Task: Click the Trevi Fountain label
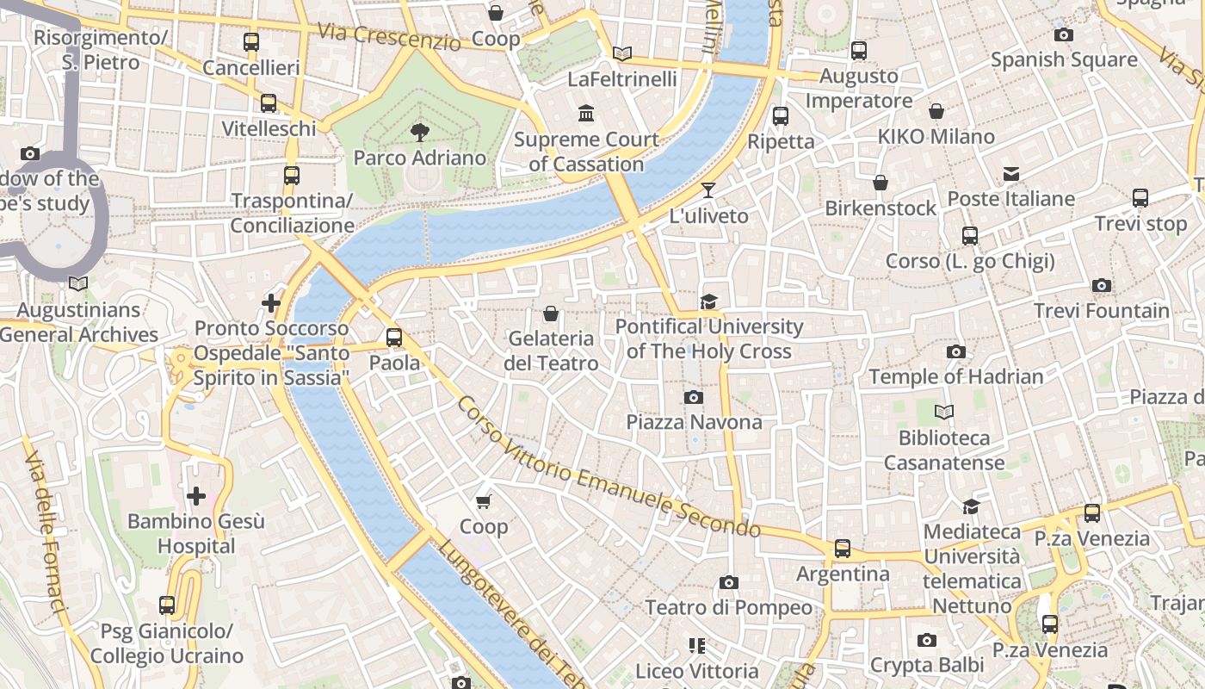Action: [1101, 311]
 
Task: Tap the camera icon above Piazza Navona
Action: [693, 397]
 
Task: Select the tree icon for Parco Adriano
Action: [420, 132]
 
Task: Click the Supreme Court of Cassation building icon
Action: [587, 114]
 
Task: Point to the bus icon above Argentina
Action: [843, 549]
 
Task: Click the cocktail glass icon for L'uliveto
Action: [708, 190]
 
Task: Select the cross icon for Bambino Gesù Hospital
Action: [196, 496]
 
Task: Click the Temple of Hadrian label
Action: [955, 377]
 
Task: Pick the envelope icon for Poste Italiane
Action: [1011, 174]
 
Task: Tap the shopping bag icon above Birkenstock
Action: [881, 183]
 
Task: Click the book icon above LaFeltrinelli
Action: [622, 53]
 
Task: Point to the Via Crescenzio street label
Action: [389, 35]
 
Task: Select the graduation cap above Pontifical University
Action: [708, 301]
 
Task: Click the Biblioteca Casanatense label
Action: [944, 450]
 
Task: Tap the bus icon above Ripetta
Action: [781, 115]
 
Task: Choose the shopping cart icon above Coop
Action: [483, 501]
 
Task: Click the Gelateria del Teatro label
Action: [551, 351]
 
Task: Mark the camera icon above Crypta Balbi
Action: [927, 640]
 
